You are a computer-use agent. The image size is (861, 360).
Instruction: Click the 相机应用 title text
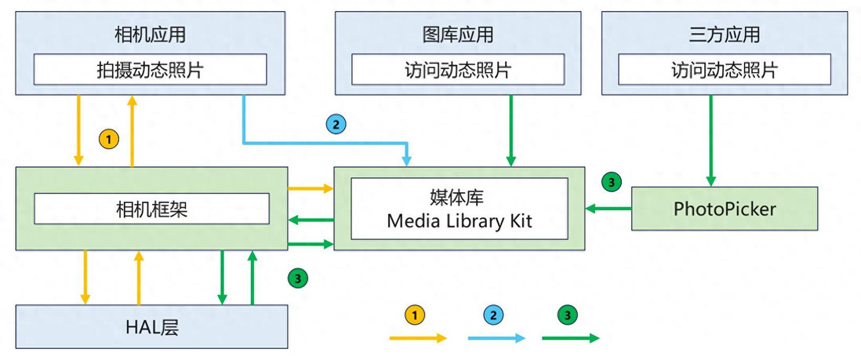pos(150,35)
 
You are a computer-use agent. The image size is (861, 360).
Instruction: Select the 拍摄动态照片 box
pos(150,70)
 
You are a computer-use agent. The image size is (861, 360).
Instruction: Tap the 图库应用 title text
pos(458,35)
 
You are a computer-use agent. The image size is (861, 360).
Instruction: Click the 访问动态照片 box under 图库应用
pos(458,70)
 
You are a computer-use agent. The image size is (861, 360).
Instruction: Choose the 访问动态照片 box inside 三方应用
pos(725,70)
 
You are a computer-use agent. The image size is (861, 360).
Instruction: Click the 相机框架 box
pos(151,209)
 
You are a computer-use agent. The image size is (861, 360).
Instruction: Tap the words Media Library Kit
pos(460,221)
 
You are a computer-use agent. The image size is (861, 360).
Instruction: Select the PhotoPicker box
pos(725,209)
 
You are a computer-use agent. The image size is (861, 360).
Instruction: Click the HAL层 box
pos(152,326)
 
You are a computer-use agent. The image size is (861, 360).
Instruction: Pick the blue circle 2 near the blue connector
pos(336,124)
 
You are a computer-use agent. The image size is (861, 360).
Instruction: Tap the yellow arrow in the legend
pos(418,338)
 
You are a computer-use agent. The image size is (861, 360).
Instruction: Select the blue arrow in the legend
pos(496,338)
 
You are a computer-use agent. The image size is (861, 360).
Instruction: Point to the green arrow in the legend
pos(570,338)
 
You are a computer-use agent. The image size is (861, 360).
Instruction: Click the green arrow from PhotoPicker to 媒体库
pos(609,208)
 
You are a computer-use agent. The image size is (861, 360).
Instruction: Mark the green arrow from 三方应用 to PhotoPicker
pos(711,140)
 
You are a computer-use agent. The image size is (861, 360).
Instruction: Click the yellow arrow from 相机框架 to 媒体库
pos(311,188)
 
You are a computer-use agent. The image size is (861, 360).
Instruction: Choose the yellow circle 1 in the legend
pos(415,315)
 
